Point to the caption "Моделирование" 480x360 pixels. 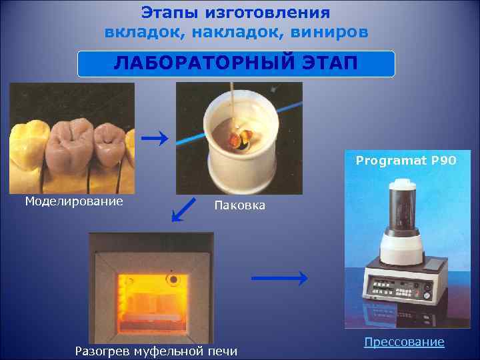point(73,201)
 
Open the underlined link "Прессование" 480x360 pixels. point(403,342)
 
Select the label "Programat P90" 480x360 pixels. point(406,161)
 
